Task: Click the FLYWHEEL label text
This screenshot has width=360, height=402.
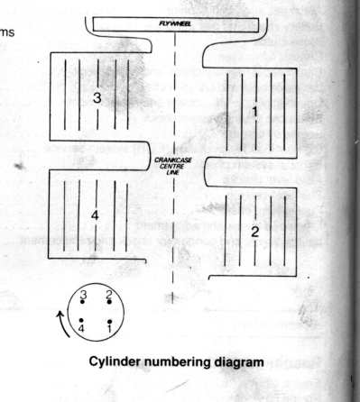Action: pos(175,24)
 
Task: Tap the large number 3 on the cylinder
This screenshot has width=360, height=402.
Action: pos(97,97)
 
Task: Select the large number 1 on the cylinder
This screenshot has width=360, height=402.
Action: pos(254,112)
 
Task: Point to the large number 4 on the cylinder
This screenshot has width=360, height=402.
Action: pos(95,215)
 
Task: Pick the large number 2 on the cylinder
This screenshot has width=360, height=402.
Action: pos(254,232)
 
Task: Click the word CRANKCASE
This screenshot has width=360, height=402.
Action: pos(173,160)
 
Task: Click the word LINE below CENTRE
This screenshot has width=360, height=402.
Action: pos(173,172)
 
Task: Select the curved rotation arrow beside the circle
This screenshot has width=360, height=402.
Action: pos(63,324)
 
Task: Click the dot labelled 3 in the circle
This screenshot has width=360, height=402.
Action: pos(82,302)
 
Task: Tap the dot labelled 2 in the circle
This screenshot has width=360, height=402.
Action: pos(109,302)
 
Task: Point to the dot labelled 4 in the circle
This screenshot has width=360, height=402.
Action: pos(81,321)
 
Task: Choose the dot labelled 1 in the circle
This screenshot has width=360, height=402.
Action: pos(110,322)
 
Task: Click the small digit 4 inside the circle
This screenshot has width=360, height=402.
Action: pos(81,328)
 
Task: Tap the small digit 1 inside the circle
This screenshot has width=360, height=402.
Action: pos(109,328)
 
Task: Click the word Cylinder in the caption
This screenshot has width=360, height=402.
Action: pos(115,362)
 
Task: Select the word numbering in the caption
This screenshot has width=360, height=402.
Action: pos(178,362)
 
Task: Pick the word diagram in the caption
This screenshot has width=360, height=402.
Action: pos(239,362)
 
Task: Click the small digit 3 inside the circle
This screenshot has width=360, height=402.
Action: pos(83,296)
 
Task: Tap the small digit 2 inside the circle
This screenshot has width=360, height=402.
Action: pos(109,295)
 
